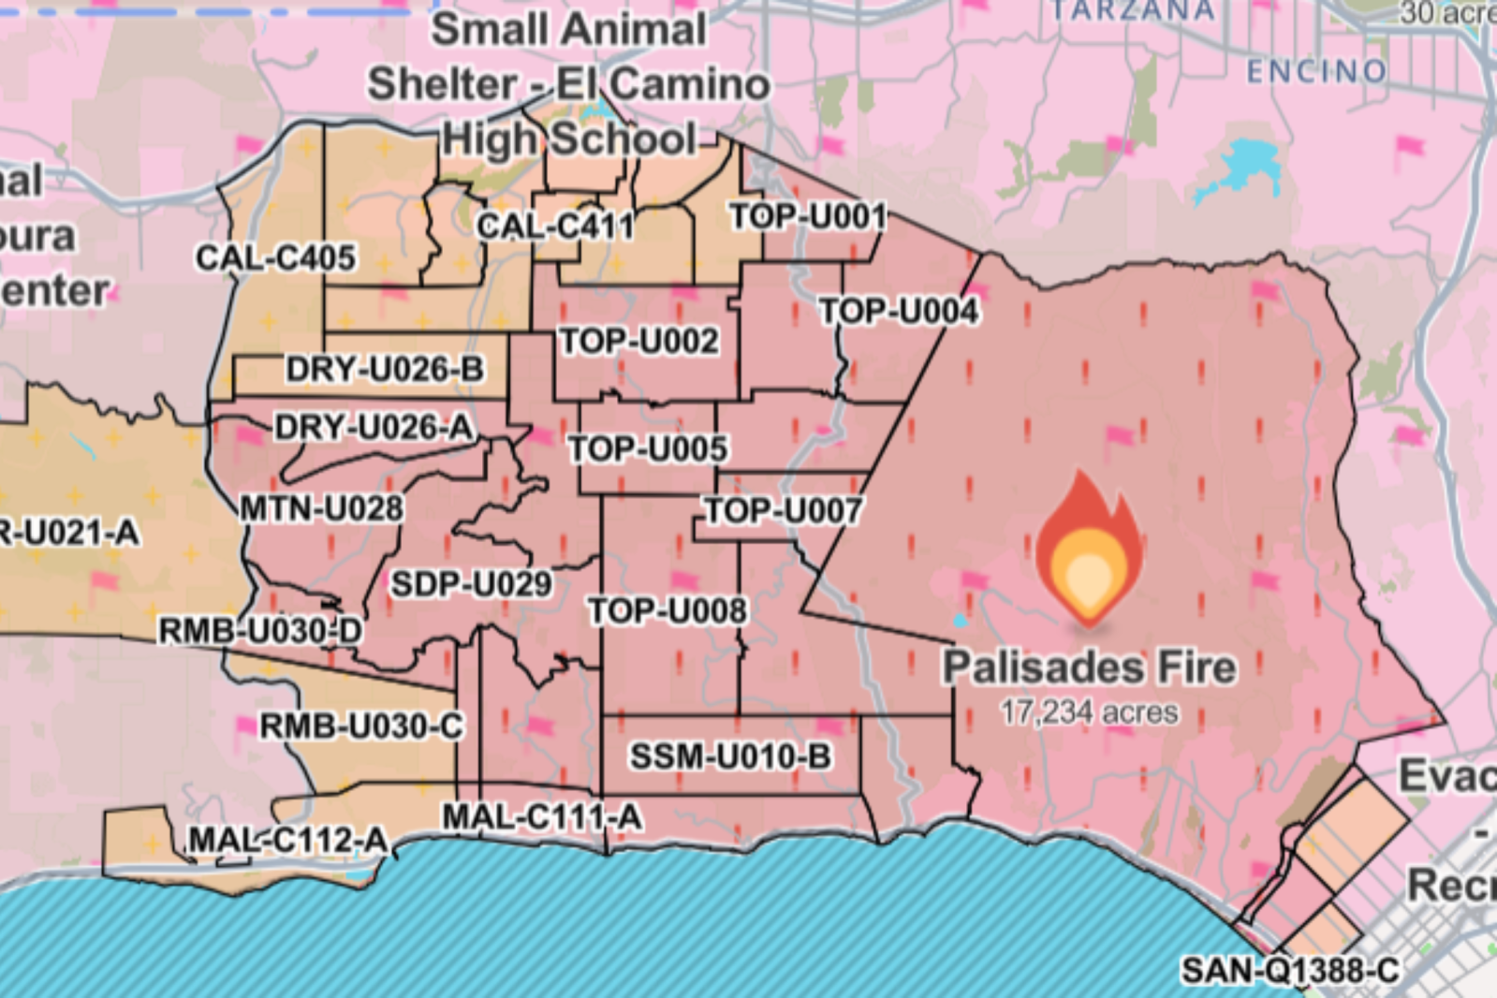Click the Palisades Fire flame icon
(1088, 547)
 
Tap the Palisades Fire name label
(1089, 668)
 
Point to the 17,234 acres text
(1089, 712)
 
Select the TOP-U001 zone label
(808, 217)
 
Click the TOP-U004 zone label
(899, 311)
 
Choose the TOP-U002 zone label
(639, 341)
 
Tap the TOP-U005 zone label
(648, 449)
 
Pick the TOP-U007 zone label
(783, 511)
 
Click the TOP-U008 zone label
(668, 611)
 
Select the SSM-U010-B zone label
(730, 756)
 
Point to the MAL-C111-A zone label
(542, 817)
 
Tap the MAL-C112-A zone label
(288, 840)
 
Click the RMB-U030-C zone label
(360, 726)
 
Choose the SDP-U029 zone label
(471, 584)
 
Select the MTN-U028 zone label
(321, 509)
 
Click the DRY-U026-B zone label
(385, 369)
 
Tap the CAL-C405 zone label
(275, 257)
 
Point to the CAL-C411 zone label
(555, 226)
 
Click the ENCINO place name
(1316, 71)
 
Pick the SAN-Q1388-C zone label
(1290, 970)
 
